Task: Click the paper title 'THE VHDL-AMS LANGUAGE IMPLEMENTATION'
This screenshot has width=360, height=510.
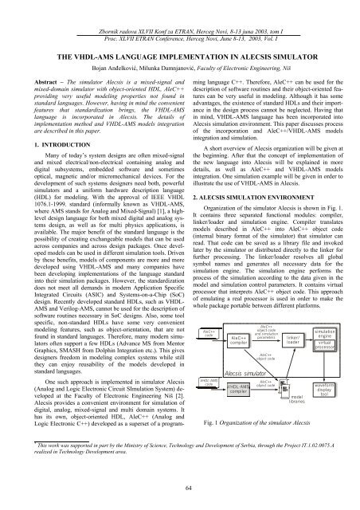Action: coord(180,36)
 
